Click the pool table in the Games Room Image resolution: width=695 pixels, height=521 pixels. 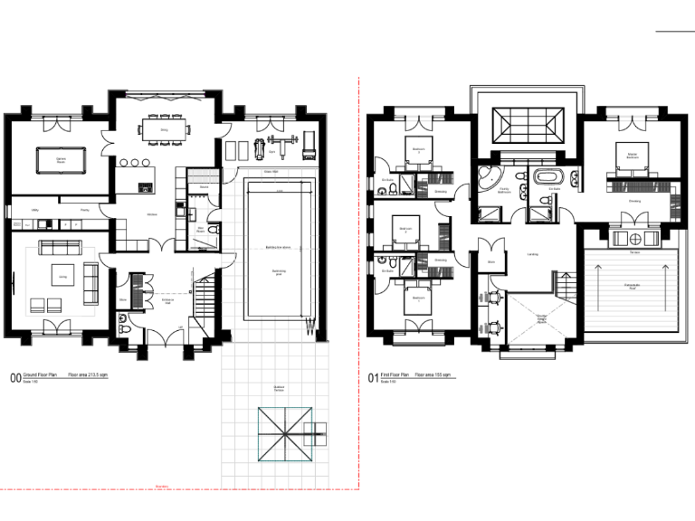pyautogui.click(x=61, y=160)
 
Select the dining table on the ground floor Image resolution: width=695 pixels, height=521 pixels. pyautogui.click(x=165, y=131)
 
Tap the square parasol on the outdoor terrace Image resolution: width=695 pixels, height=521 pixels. pyautogui.click(x=285, y=436)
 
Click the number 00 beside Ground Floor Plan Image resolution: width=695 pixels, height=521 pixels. pyautogui.click(x=14, y=379)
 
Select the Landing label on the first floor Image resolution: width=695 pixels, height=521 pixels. pyautogui.click(x=532, y=254)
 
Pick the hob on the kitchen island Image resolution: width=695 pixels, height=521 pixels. pyautogui.click(x=144, y=188)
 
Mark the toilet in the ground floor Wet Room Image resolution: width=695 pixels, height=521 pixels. pyautogui.click(x=211, y=232)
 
